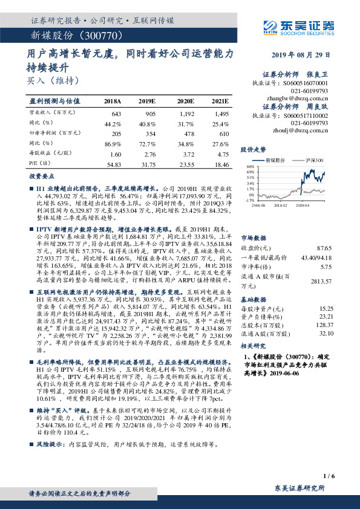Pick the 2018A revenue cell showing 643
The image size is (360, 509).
[x=117, y=113]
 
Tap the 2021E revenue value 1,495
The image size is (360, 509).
[x=221, y=113]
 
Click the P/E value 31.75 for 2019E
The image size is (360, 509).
[x=148, y=164]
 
